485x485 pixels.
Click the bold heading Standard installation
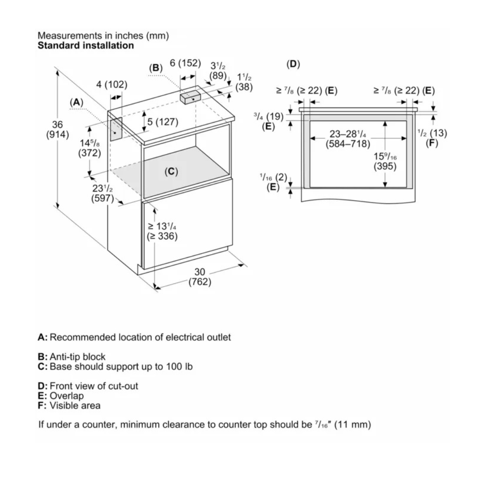click(x=85, y=45)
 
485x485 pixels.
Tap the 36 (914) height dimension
click(x=57, y=130)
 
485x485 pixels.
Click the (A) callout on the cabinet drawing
click(x=77, y=102)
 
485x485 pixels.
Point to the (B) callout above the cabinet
click(x=155, y=68)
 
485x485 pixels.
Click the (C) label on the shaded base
click(x=171, y=171)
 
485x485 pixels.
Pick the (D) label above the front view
click(x=293, y=64)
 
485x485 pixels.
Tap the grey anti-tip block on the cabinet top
click(x=189, y=96)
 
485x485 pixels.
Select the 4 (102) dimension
click(x=112, y=84)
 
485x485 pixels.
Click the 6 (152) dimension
click(x=185, y=63)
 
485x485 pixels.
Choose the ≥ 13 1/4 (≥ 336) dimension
click(x=162, y=231)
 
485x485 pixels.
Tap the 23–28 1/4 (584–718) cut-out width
click(x=348, y=139)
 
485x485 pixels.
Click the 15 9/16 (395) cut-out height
click(x=385, y=161)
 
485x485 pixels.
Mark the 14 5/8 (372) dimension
click(x=90, y=148)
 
